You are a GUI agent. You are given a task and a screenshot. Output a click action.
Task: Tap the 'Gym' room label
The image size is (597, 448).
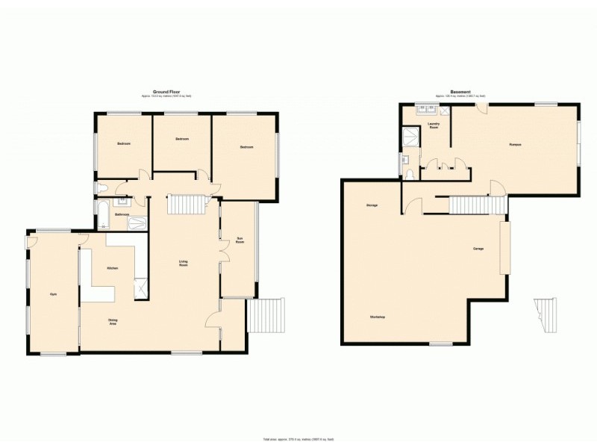(x=53, y=294)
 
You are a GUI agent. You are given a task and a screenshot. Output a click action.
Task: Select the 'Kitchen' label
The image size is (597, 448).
(x=113, y=267)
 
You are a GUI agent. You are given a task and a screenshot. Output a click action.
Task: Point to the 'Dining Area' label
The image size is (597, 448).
(x=113, y=322)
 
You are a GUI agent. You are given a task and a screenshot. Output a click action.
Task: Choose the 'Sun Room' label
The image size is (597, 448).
(x=240, y=241)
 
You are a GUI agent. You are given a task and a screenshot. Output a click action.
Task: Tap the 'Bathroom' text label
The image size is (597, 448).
(x=122, y=214)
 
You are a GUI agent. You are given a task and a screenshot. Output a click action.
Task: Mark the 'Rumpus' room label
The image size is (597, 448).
(x=515, y=144)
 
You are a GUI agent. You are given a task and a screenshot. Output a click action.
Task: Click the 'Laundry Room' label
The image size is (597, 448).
(x=433, y=125)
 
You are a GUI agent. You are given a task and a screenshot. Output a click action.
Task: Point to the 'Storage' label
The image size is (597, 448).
(x=371, y=205)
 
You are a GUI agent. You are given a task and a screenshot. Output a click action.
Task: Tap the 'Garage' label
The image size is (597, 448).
(x=478, y=248)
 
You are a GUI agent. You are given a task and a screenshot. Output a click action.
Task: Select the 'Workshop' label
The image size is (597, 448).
(x=377, y=317)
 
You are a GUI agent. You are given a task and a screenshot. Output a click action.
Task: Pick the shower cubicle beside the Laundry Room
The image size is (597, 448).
(x=410, y=137)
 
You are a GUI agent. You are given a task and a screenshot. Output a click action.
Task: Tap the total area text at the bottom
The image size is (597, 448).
(x=298, y=439)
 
